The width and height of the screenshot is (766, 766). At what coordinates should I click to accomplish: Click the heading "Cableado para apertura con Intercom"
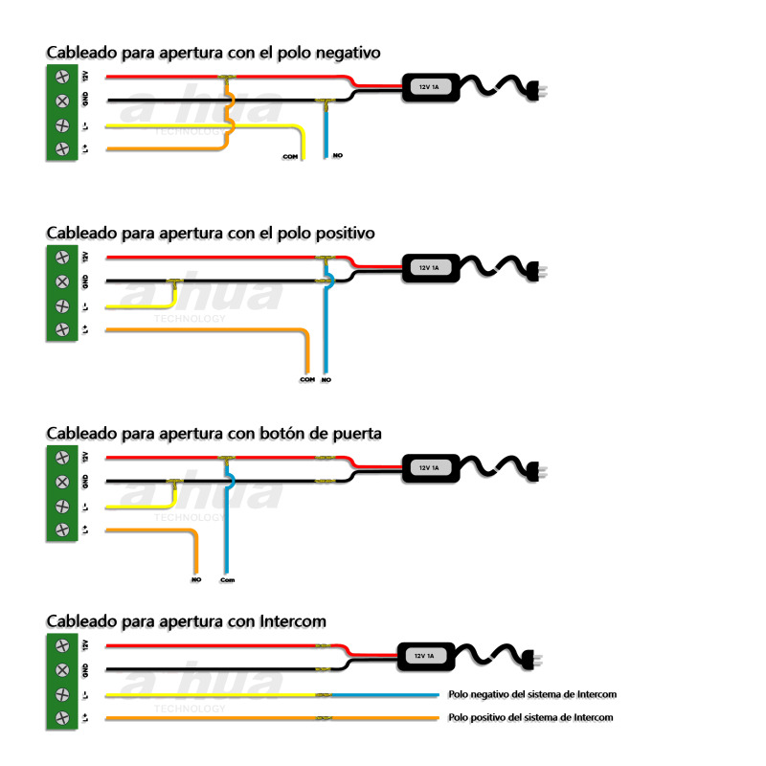(186, 621)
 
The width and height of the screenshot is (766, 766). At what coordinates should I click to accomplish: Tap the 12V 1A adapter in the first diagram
(429, 87)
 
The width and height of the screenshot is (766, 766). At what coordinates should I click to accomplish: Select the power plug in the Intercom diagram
(533, 660)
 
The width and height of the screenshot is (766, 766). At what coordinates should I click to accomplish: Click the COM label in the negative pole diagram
(289, 155)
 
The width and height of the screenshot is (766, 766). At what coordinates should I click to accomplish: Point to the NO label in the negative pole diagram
(337, 155)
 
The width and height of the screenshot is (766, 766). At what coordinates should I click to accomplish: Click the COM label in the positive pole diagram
(306, 380)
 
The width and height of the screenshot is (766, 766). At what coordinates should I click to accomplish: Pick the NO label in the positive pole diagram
(327, 380)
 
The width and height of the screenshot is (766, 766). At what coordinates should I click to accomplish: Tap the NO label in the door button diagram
(195, 579)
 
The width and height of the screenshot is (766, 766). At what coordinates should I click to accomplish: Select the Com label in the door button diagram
(227, 579)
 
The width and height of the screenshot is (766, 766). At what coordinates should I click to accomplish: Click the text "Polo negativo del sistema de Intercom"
(532, 693)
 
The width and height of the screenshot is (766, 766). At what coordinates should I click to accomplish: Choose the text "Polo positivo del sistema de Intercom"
(530, 717)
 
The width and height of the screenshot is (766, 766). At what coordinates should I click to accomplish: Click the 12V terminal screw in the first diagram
(62, 77)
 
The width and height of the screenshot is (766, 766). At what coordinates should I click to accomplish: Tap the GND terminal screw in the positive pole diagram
(62, 282)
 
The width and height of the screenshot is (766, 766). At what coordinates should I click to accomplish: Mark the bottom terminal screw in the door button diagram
(62, 529)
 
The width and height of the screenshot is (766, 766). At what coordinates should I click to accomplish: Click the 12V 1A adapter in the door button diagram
(429, 468)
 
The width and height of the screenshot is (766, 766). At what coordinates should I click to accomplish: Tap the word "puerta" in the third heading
(354, 433)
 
